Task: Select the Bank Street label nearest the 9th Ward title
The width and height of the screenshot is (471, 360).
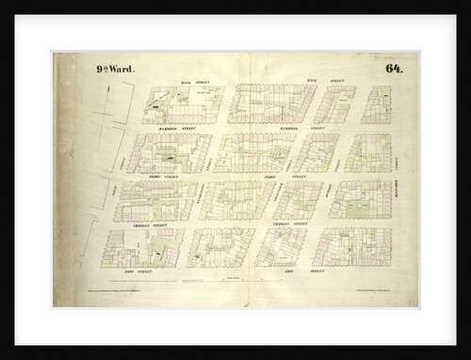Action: coord(192,83)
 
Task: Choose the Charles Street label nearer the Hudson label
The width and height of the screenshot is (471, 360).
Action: coord(289,223)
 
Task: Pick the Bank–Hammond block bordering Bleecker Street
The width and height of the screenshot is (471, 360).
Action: coord(376,105)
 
